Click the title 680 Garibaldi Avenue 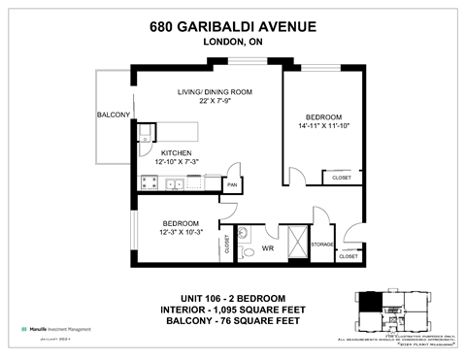tap(232, 26)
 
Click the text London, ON tap(232, 43)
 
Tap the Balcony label tap(113, 115)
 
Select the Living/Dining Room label tap(215, 92)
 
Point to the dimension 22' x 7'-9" tap(215, 102)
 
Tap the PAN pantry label tap(232, 183)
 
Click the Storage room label tap(323, 245)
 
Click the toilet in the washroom tap(244, 233)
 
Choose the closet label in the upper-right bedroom tap(342, 179)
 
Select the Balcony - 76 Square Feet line tap(232, 320)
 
